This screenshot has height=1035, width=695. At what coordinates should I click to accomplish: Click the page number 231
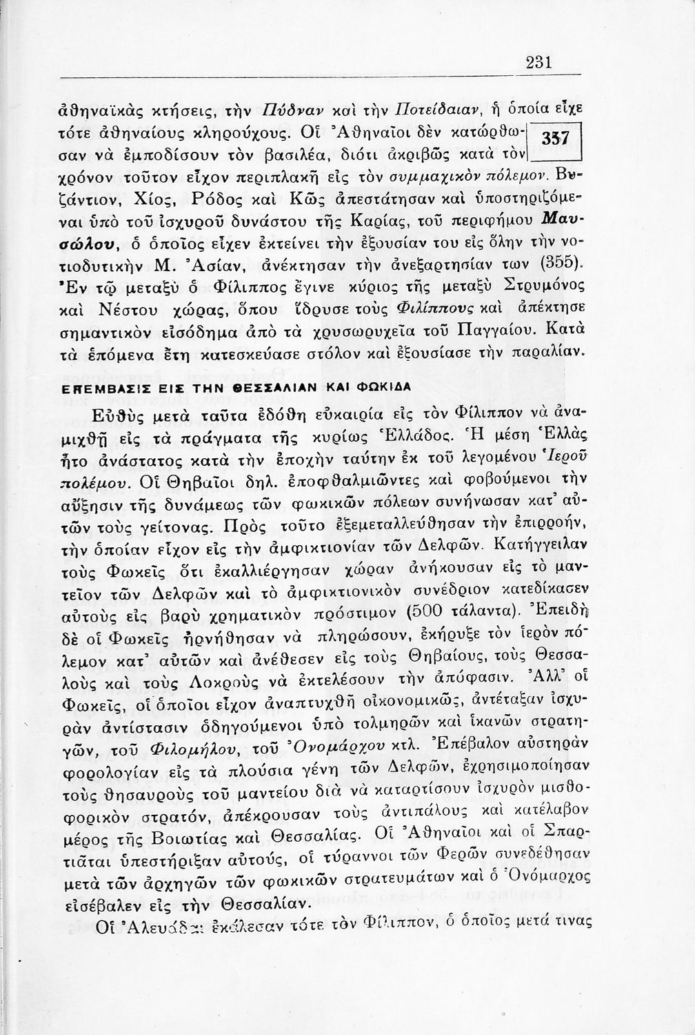pyautogui.click(x=538, y=62)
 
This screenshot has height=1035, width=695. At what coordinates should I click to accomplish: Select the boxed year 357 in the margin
pyautogui.click(x=558, y=137)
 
